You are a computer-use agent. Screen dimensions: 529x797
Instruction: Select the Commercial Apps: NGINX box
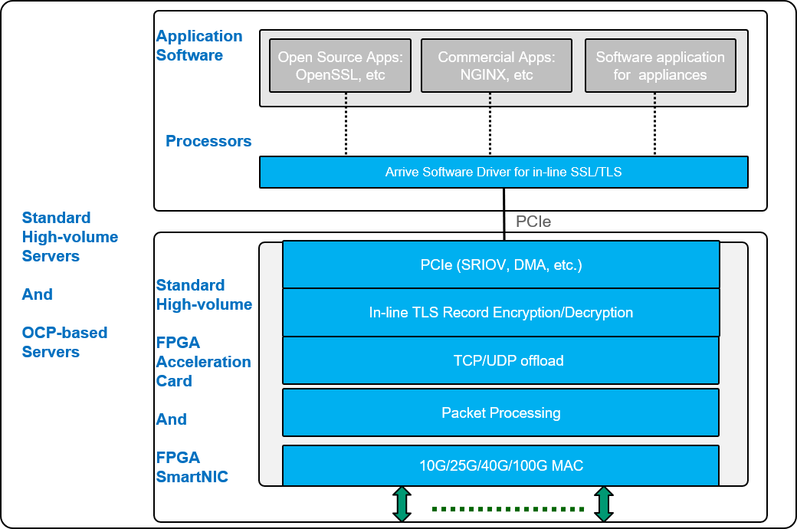[496, 66]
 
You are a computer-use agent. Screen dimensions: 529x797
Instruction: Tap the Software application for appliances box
[660, 66]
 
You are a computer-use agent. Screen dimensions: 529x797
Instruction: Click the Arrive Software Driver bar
[503, 172]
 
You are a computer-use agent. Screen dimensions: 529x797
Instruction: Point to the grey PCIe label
[533, 222]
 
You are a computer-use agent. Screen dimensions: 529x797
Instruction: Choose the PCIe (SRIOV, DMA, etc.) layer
[501, 265]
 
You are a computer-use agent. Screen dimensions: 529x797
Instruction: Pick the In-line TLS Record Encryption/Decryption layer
[501, 312]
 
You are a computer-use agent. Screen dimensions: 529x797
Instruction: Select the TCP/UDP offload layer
[501, 360]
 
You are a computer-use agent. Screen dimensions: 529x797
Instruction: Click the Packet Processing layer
[501, 412]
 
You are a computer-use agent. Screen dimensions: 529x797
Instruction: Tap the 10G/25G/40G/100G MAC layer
[501, 465]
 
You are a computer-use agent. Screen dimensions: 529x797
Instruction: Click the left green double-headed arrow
[402, 504]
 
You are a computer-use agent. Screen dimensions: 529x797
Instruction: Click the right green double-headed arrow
[604, 504]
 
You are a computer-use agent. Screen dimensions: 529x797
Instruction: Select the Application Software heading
[198, 45]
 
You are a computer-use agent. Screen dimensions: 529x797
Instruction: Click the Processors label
[208, 141]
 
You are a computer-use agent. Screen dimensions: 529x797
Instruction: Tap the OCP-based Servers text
[64, 342]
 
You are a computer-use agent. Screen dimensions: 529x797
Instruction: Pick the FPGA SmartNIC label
[192, 467]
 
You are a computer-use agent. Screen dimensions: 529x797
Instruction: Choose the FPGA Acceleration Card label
[203, 361]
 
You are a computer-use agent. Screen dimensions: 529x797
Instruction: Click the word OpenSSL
[325, 75]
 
